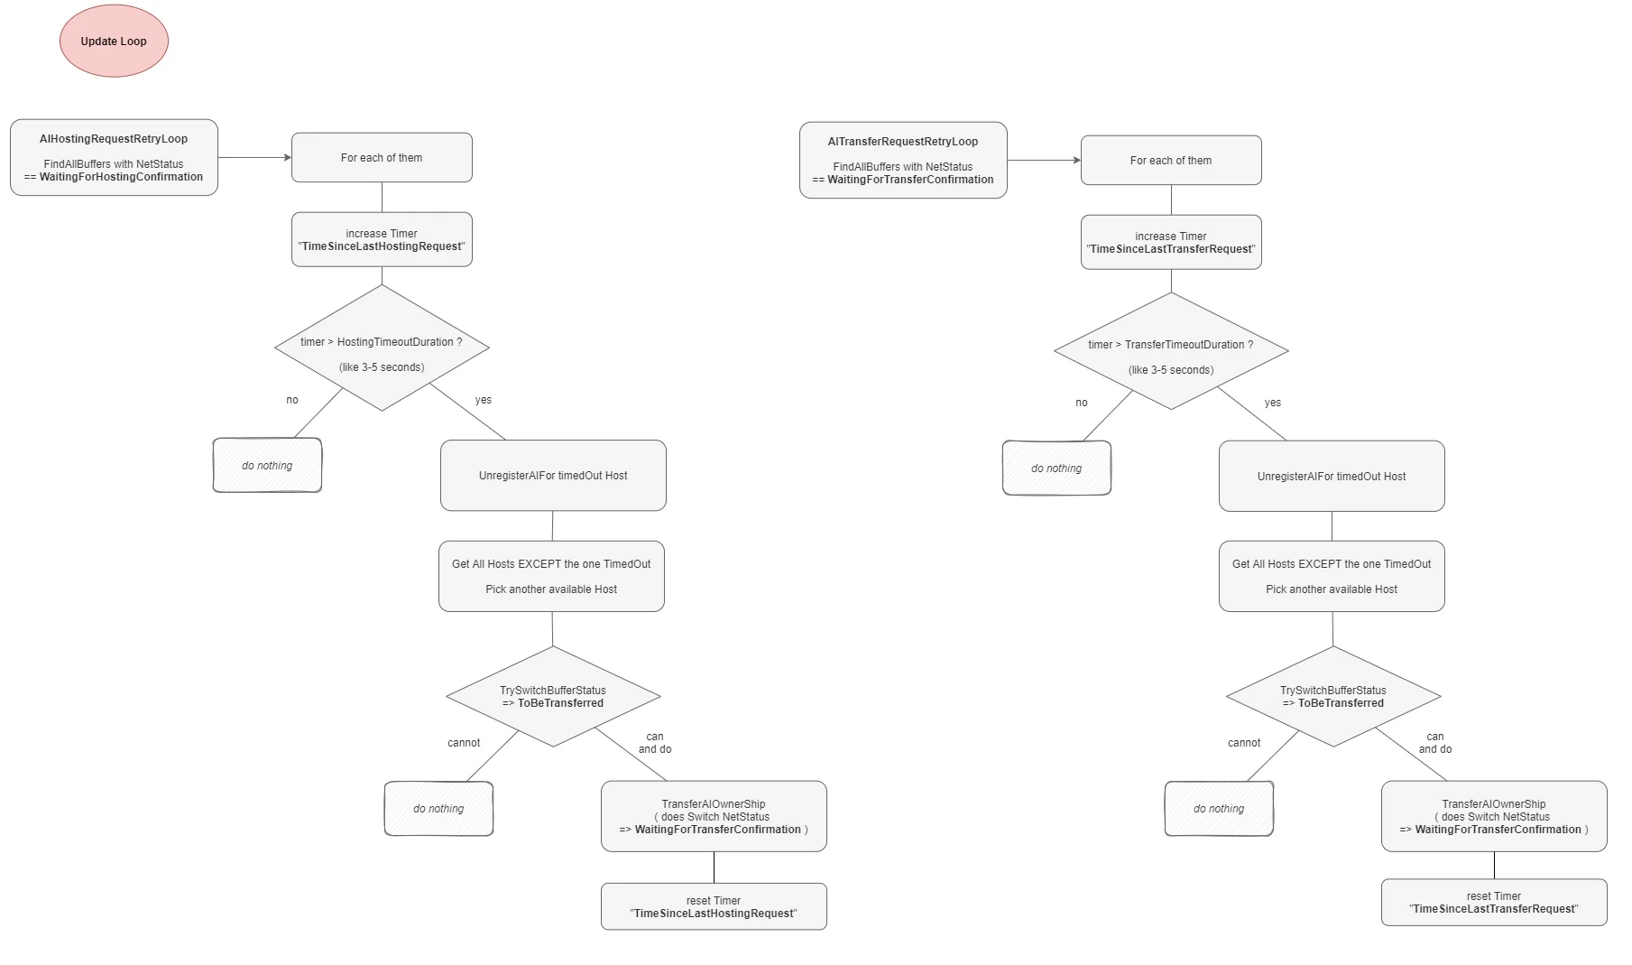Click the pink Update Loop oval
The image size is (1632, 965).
[x=114, y=41]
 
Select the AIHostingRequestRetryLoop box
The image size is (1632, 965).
[x=114, y=157]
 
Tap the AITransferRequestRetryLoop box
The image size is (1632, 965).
[x=903, y=160]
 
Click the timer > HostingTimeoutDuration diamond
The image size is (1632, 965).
[x=382, y=348]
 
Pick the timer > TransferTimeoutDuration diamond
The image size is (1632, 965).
[x=1171, y=350]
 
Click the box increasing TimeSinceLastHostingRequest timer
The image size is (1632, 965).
[x=382, y=239]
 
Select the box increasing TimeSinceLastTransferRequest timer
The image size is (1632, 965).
[x=1171, y=242]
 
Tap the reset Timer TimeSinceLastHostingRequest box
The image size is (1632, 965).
[x=714, y=906]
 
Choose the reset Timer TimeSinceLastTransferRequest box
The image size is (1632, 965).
[x=1494, y=902]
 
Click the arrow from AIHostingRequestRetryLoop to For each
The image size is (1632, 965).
[x=254, y=157]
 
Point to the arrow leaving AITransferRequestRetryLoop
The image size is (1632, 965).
[x=1044, y=160]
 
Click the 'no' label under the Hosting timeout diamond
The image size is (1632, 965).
[x=292, y=400]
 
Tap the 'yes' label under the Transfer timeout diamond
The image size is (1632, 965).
[x=1273, y=403]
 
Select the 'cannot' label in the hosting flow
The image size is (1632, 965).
[x=464, y=743]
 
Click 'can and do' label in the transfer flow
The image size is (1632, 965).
[x=1435, y=743]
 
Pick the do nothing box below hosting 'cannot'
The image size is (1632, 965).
[x=438, y=808]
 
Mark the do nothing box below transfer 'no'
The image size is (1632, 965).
[x=1056, y=468]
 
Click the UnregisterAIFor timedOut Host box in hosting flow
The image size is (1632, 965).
[x=553, y=476]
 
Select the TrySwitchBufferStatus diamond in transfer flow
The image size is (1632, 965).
[x=1333, y=696]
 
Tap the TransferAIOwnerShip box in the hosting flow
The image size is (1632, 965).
[x=714, y=816]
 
